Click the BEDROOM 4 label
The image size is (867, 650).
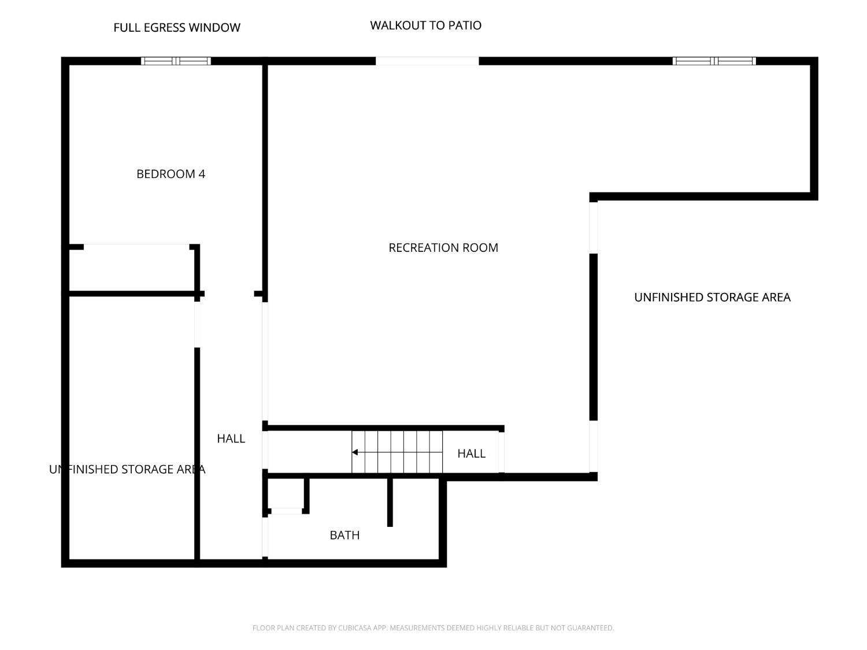pos(171,174)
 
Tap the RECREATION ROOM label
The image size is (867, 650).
pos(443,248)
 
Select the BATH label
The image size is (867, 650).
pos(344,535)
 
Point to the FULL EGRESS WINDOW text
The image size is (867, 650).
pos(177,28)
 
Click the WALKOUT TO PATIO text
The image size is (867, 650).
pos(426,25)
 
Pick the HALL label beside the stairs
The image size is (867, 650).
pos(471,454)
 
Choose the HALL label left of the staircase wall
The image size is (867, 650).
pos(231,439)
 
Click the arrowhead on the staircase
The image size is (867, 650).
pos(355,452)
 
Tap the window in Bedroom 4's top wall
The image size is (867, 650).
pos(176,61)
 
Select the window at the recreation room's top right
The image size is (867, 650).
pos(714,61)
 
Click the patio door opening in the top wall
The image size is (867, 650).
pos(427,61)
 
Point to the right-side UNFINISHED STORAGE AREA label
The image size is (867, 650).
pos(712,298)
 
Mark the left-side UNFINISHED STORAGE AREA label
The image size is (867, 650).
pos(127,470)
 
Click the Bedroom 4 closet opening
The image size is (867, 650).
pos(136,247)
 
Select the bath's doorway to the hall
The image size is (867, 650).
pos(265,537)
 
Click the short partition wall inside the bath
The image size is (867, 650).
pos(390,503)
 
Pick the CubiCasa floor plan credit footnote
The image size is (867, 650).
pos(433,628)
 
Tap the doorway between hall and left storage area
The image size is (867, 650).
pos(197,324)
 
